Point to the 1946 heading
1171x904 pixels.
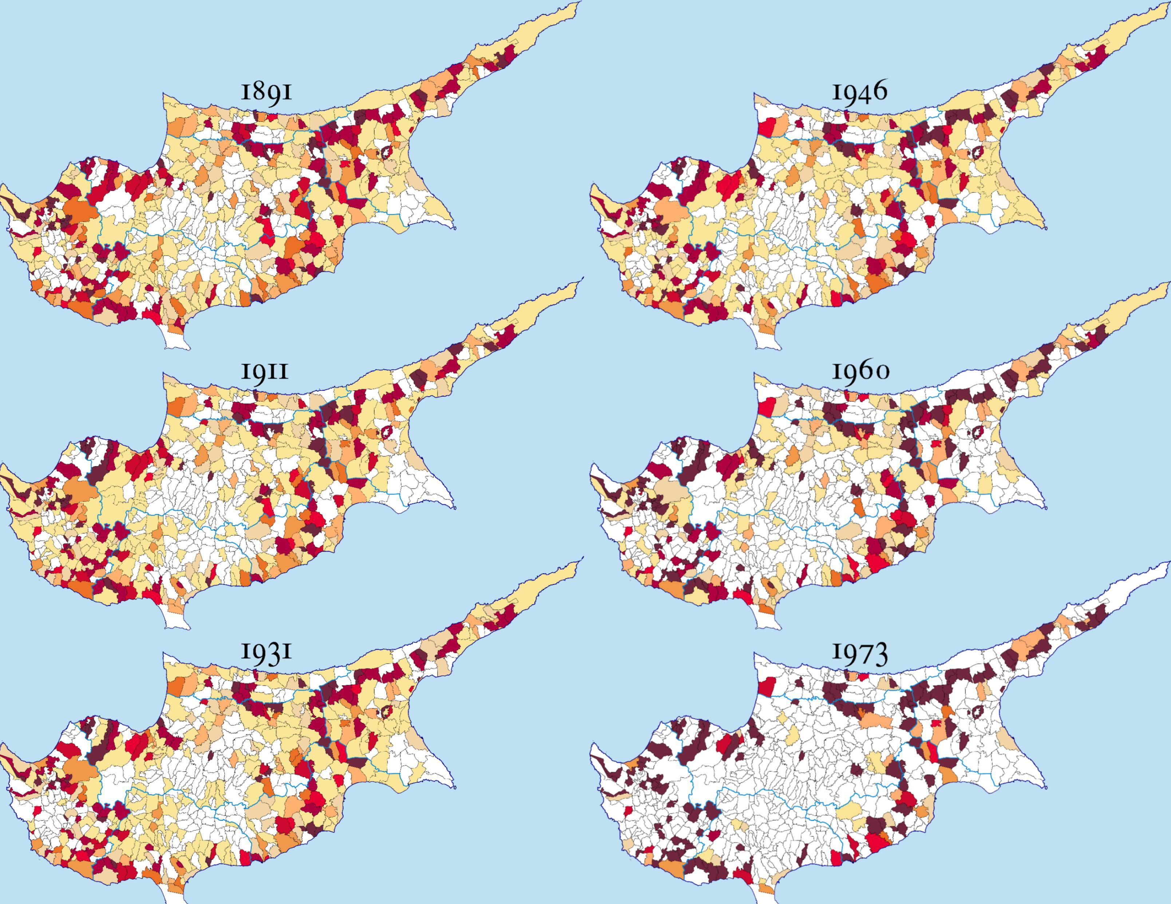(859, 92)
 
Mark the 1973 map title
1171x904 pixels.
(859, 652)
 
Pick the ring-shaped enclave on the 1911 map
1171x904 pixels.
(385, 432)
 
